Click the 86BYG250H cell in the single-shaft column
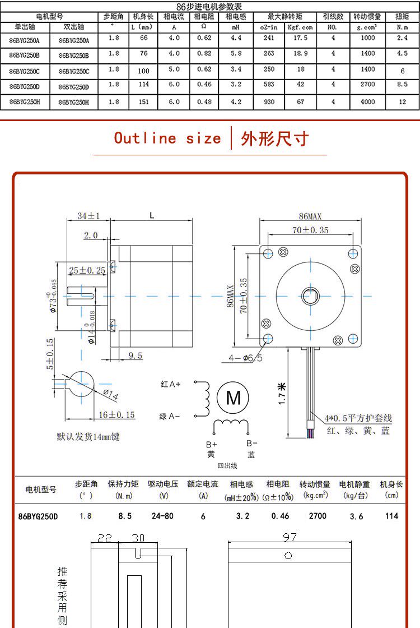25,102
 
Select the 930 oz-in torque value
269,102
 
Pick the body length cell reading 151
143,102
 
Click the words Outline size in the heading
167,138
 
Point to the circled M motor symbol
233,398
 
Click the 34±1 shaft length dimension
88,216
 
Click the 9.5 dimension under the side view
135,355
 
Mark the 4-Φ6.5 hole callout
245,358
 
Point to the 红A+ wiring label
171,384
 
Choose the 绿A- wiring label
170,416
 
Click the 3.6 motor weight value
356,516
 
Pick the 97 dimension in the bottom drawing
289,537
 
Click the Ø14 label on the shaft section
110,395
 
